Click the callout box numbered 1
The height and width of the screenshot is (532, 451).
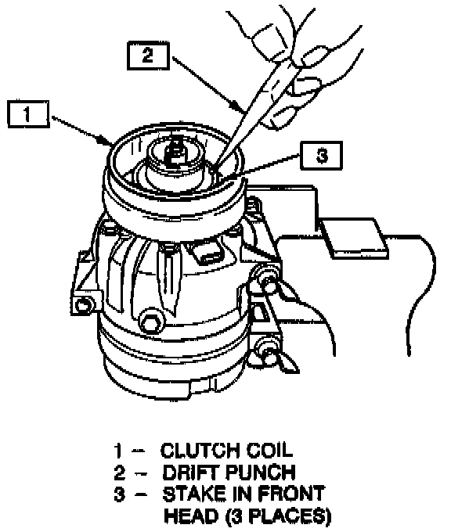tap(28, 114)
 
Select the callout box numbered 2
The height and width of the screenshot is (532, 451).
tap(148, 56)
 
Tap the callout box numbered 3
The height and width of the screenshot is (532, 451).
tap(321, 156)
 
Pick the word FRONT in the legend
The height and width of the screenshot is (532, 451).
tap(291, 494)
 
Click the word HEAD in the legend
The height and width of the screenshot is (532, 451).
tap(191, 516)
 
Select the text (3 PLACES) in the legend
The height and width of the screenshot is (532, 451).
tap(278, 516)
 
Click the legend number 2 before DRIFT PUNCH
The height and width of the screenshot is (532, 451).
tap(120, 473)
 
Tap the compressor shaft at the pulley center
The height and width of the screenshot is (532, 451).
tap(177, 153)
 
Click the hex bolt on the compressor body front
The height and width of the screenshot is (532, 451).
tap(150, 320)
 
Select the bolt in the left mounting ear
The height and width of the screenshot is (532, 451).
tap(83, 305)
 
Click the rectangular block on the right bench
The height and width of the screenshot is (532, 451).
tap(354, 239)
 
